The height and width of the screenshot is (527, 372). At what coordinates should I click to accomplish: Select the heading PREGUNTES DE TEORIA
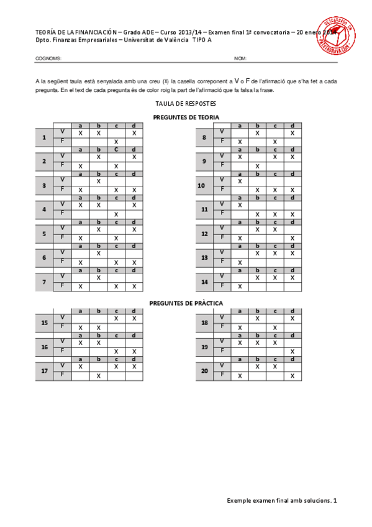tap(186, 117)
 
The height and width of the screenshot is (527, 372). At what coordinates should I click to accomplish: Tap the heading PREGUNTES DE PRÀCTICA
tap(186, 303)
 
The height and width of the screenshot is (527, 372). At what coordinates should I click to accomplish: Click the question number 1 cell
tap(44, 137)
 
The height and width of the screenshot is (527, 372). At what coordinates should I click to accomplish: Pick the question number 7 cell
tap(44, 282)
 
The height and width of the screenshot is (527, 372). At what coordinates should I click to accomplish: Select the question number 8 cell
tap(204, 137)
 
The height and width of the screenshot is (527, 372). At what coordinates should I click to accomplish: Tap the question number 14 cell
tap(204, 282)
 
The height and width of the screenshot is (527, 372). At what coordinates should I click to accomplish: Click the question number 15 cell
tap(44, 323)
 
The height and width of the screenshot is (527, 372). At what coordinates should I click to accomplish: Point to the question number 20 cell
tap(204, 371)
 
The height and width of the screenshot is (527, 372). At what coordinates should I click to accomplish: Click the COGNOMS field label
tap(48, 59)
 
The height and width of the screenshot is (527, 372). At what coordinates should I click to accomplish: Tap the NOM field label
tap(240, 59)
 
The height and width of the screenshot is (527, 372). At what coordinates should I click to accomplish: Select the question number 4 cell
tap(44, 209)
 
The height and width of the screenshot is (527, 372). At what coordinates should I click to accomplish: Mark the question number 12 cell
tap(204, 234)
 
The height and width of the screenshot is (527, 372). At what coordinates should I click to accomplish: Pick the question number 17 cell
tap(44, 371)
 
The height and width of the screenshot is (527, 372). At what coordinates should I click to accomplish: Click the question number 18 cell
tap(204, 323)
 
